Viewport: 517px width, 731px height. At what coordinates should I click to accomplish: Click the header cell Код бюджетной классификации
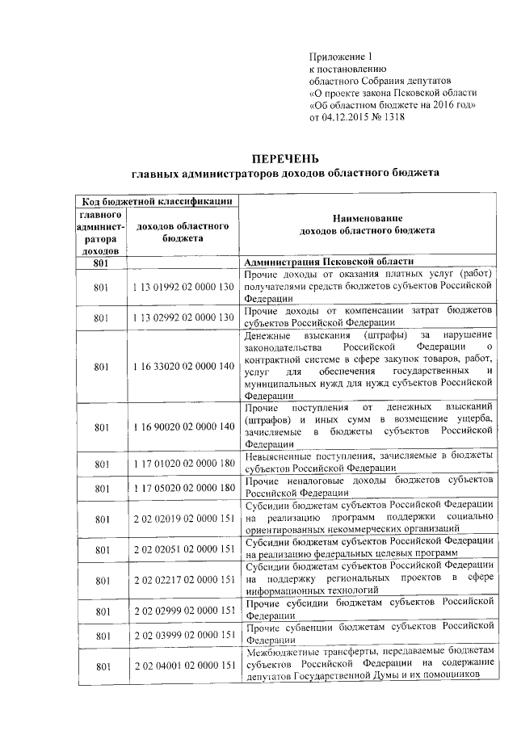[155, 201]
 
